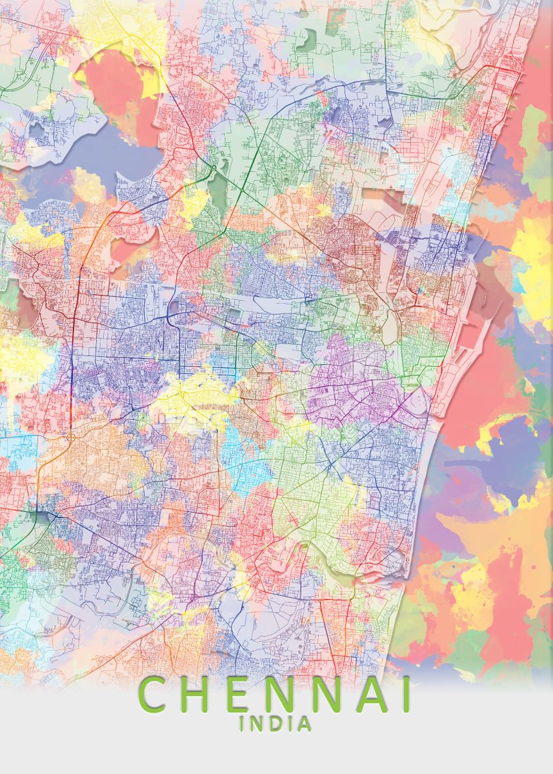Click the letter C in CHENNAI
[154, 695]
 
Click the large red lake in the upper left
[116, 90]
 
